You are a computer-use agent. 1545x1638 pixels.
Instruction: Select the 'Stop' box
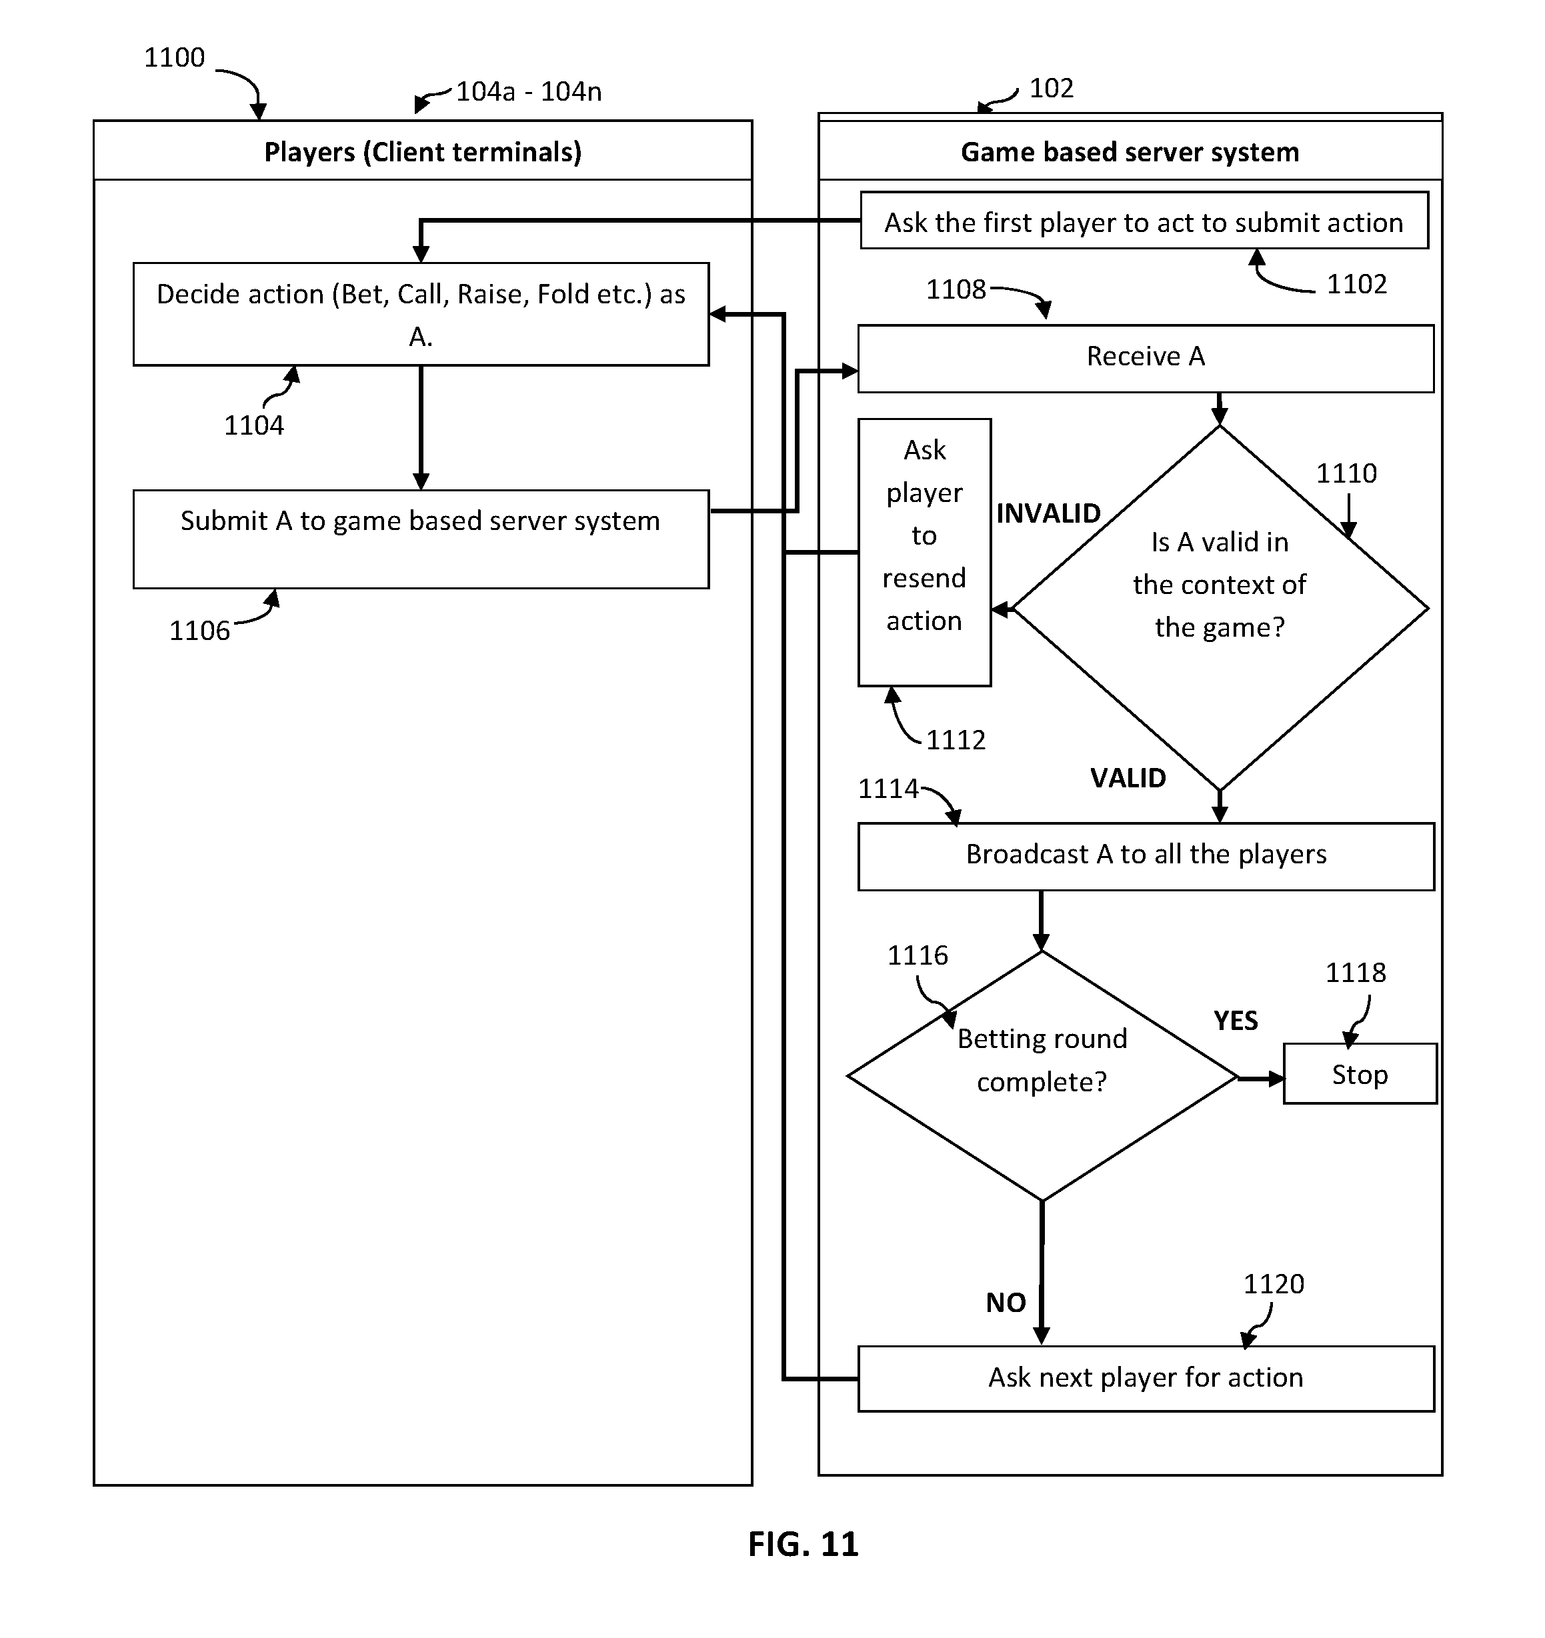1360,1075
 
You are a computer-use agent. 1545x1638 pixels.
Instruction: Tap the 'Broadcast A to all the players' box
1146,856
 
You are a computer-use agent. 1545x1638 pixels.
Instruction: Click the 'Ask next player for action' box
1146,1379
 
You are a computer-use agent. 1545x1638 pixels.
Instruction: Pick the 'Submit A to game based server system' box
421,539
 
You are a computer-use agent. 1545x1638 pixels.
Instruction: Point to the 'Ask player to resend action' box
924,552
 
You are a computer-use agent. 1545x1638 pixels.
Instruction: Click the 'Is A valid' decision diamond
1220,608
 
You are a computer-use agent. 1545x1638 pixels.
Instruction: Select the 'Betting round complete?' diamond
1042,1075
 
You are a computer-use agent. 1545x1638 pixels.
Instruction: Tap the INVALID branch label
1048,514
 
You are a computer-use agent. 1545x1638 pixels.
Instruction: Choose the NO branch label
1006,1303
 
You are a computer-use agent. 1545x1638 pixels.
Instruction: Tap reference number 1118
1356,973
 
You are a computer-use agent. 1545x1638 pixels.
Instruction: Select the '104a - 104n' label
528,91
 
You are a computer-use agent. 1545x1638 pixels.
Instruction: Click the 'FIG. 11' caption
804,1544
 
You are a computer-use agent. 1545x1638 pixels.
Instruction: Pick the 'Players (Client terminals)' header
423,153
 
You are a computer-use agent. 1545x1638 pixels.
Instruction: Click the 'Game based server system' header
1130,153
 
